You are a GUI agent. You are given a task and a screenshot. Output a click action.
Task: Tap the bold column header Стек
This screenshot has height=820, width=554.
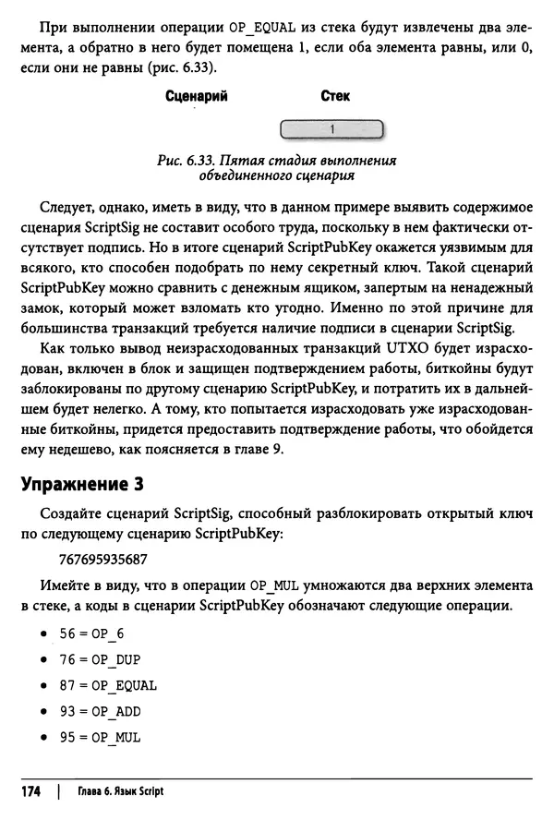334,96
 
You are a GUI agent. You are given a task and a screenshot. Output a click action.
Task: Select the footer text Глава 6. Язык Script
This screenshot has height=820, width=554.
117,792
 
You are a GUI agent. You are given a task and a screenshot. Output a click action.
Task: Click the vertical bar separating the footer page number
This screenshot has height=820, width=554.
58,791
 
